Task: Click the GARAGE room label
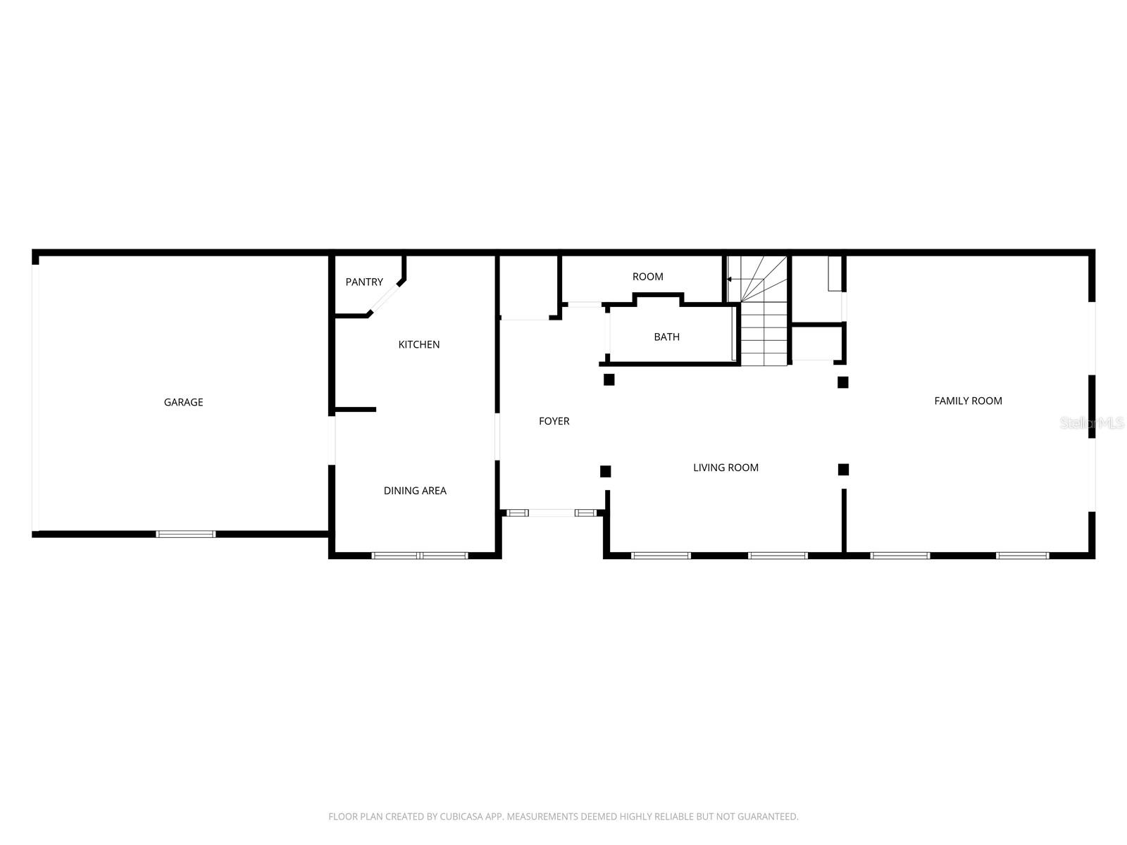pos(183,402)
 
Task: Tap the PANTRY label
pos(364,282)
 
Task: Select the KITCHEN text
pos(419,344)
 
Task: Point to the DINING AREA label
pos(415,491)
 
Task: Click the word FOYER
pos(554,421)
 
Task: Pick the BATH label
pos(666,337)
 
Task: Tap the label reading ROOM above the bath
pos(647,277)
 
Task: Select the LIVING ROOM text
pos(726,468)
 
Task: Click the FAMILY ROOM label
pos(968,401)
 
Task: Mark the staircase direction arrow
pos(730,280)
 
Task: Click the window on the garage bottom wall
pos(186,534)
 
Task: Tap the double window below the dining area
pos(420,556)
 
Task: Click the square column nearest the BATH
pos(609,380)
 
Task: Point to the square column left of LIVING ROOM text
pos(605,471)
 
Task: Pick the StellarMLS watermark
pos(1092,423)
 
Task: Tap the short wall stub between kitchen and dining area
pos(356,409)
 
